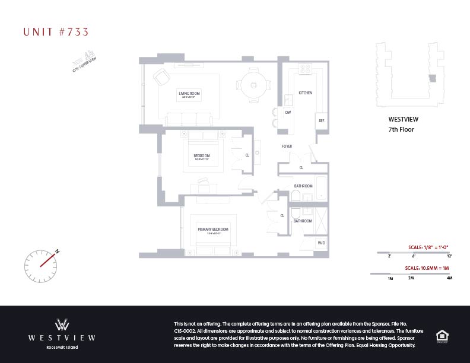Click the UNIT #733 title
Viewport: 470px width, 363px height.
56,31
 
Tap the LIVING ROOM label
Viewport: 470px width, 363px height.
189,93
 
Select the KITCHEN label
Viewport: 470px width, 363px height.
305,93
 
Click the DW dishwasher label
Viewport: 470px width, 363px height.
288,112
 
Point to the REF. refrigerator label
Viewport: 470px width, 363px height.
322,121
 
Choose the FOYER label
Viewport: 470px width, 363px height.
287,146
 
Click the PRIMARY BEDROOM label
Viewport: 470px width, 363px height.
212,229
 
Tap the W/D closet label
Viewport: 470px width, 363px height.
321,243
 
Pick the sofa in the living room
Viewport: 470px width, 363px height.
189,119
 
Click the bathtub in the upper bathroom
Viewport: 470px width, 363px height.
321,187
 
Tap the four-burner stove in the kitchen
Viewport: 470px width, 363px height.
305,69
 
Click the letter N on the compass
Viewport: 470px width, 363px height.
58,251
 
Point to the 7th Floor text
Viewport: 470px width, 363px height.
401,129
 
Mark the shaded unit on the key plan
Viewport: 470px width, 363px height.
431,78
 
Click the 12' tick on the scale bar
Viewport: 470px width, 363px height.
449,256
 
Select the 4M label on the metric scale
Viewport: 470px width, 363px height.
449,278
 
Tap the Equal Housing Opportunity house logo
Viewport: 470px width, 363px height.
442,336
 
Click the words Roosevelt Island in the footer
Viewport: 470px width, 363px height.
62,347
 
